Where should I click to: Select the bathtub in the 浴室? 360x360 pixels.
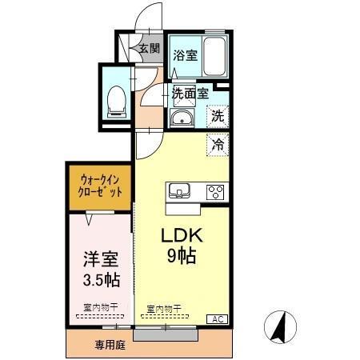point(214,57)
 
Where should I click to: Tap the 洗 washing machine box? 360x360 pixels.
point(217,116)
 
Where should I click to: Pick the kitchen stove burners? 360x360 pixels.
point(216,191)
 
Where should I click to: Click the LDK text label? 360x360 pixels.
point(184,237)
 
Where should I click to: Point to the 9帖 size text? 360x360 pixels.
point(183,258)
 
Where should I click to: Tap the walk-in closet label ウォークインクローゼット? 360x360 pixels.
point(101,186)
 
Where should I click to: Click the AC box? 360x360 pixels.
point(216,319)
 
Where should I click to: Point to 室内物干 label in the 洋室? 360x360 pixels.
point(100,306)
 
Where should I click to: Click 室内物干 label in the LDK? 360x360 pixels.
point(164,307)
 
